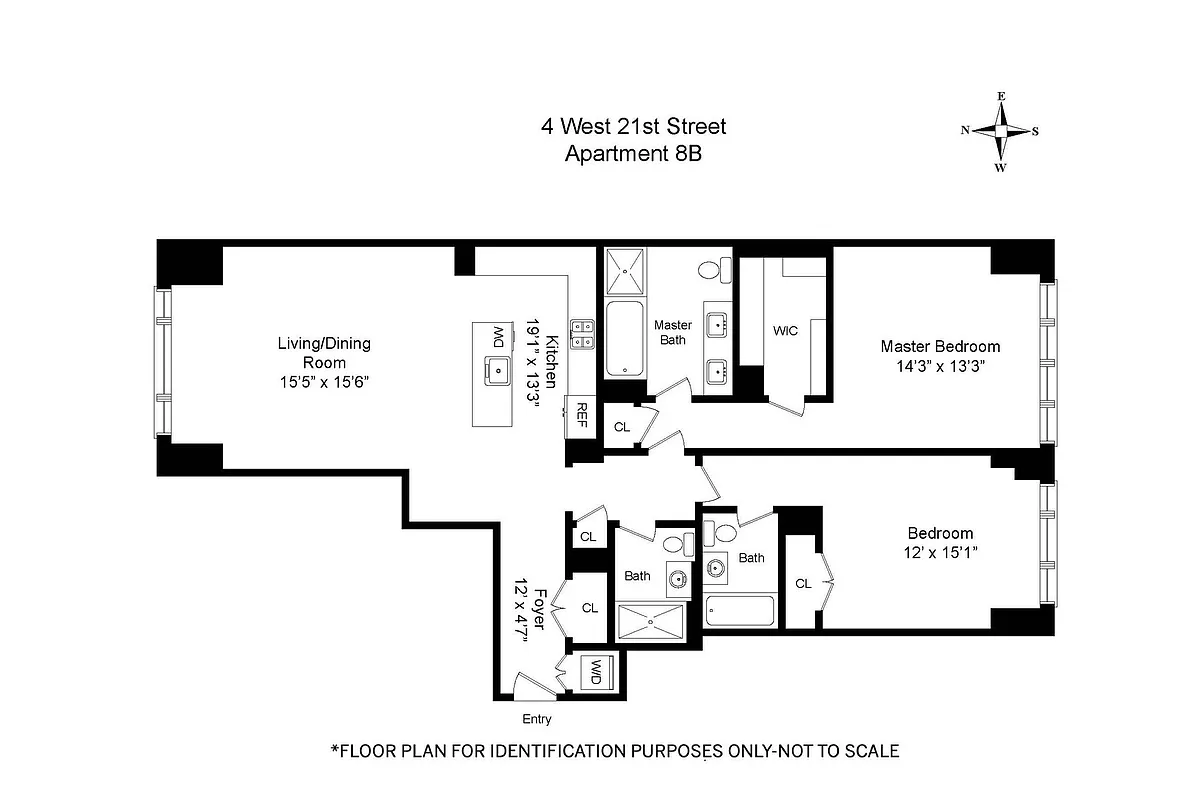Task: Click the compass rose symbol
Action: (1000, 131)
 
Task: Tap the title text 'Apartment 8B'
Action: (632, 154)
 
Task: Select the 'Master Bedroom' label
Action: (939, 346)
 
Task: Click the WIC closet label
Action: (786, 331)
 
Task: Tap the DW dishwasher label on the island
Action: (497, 333)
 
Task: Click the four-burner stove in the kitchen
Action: (583, 333)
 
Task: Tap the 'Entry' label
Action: (536, 719)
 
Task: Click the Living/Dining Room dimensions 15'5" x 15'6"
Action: (324, 382)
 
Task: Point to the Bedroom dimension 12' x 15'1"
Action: (939, 552)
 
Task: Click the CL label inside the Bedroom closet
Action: (803, 583)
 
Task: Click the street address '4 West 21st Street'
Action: (632, 127)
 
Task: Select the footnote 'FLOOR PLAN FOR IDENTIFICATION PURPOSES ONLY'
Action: (614, 750)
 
